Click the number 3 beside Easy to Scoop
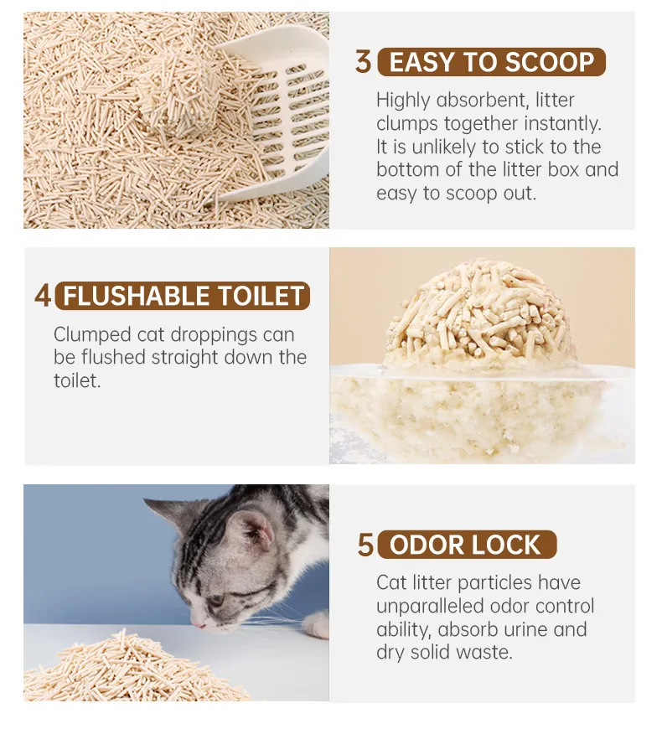[x=363, y=62]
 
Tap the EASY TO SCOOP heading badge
[x=491, y=62]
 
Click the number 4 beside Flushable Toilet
[x=43, y=296]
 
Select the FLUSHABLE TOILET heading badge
[x=183, y=296]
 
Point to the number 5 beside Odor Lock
[x=365, y=545]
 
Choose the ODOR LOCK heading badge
[x=466, y=545]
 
